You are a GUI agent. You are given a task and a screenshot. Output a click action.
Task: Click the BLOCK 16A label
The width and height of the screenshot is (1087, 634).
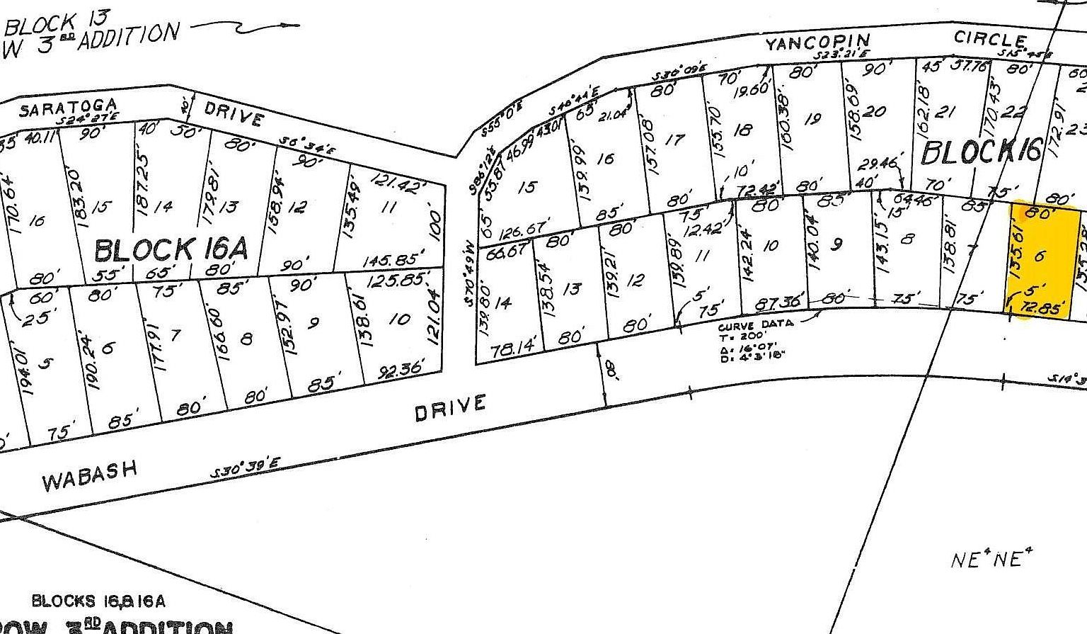pos(171,250)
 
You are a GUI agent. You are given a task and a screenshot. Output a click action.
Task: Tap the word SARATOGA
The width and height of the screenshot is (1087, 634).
pos(69,108)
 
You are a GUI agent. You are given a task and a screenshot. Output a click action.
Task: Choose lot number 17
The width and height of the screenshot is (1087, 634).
pos(677,140)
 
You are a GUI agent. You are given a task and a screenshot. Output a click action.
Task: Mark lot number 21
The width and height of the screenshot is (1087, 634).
pos(945,112)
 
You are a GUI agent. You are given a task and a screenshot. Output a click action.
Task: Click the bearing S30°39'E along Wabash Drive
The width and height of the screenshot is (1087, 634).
pos(248,471)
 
